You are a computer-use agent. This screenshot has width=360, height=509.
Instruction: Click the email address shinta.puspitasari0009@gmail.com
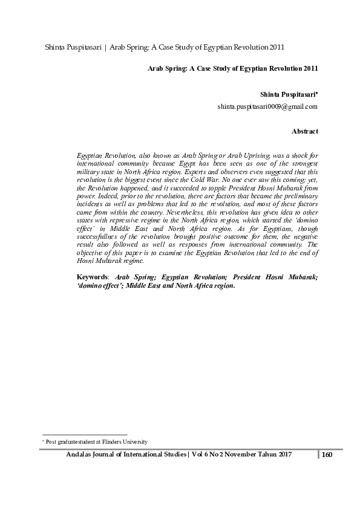(267, 106)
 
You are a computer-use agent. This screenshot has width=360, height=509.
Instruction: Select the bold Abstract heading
(304, 131)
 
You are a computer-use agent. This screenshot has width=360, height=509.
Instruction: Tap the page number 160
(327, 455)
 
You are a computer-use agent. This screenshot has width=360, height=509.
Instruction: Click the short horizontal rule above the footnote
(84, 434)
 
